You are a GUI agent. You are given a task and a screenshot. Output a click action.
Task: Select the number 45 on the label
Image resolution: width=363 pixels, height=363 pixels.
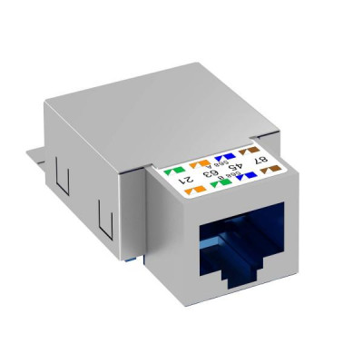coord(235,166)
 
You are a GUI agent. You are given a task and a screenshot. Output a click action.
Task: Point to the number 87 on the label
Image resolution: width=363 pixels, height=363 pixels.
coord(261,161)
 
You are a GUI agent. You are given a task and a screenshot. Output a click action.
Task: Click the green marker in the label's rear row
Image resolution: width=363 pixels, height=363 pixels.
coord(175,171)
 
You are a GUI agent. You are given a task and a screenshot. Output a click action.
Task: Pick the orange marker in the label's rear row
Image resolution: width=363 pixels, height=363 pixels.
coord(200,163)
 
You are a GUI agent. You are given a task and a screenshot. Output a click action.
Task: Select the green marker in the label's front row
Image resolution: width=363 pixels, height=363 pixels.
coord(221,183)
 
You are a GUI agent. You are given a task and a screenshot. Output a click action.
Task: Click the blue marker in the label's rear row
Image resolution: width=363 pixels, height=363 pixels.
coord(225,156)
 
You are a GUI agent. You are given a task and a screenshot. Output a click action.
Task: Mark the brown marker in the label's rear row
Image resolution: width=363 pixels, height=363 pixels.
coord(249,151)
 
